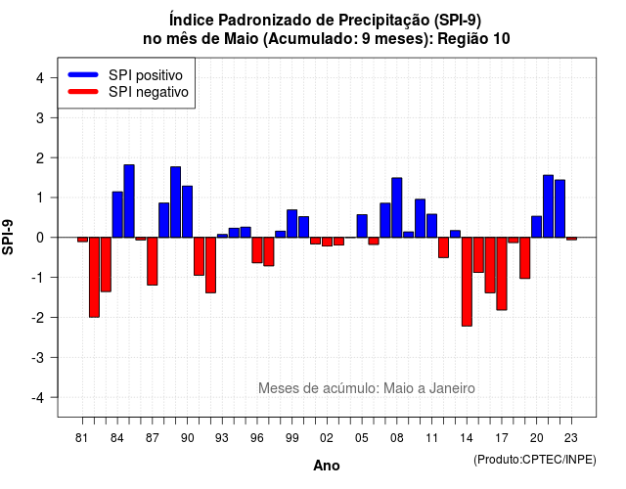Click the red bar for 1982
[x=94, y=277]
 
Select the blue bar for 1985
[x=129, y=200]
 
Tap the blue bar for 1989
[x=176, y=202]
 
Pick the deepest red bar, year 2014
[x=467, y=282]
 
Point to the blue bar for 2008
[x=397, y=207]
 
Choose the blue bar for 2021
[x=548, y=206]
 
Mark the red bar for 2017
[x=502, y=274]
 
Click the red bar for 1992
[x=211, y=265]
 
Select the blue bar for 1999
[x=292, y=224]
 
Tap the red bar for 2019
[x=525, y=258]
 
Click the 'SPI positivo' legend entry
[x=126, y=75]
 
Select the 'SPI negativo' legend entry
[x=128, y=92]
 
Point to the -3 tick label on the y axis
[x=39, y=358]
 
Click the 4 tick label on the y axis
[x=40, y=77]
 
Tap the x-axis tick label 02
[x=327, y=438]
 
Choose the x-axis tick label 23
[x=571, y=438]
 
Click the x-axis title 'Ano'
[x=327, y=466]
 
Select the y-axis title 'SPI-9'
[x=8, y=237]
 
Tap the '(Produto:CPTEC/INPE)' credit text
[x=535, y=460]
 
